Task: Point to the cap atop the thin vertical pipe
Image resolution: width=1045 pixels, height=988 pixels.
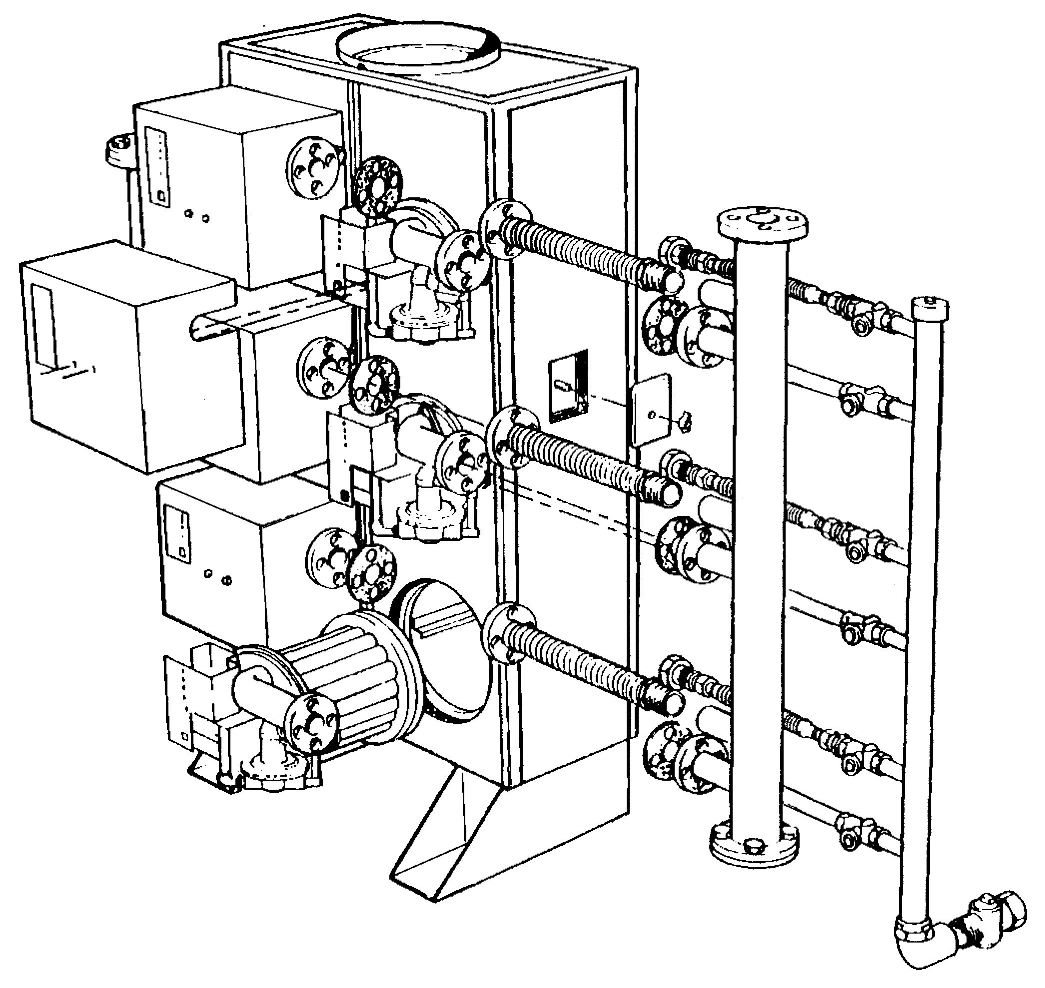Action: click(x=931, y=308)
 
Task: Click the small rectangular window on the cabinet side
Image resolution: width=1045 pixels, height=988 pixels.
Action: click(x=568, y=386)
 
